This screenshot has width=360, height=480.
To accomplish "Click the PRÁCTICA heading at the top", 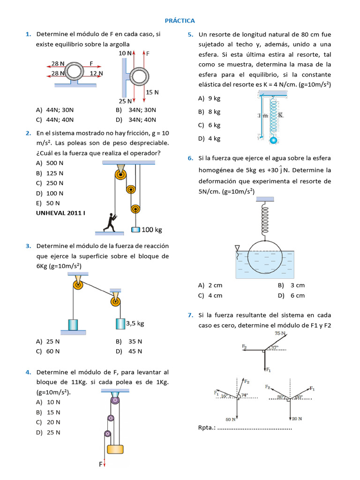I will pos(180,21).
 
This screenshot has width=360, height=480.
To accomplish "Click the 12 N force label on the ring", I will pos(96,73).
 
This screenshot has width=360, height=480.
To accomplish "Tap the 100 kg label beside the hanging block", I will pos(152,230).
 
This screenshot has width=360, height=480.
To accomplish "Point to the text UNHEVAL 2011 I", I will pos(61,213).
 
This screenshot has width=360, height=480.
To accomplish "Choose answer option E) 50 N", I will pos(48,203).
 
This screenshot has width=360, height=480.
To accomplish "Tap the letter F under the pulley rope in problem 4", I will pos(100,464).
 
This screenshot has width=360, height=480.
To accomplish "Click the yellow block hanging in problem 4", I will pos(115,449).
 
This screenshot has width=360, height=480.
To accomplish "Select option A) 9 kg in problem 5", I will pos(209,98).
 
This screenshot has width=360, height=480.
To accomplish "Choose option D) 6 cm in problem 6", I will pos(291,295).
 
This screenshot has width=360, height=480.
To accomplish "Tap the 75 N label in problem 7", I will pos(280,333).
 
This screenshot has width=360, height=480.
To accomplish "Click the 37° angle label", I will pos(275,347).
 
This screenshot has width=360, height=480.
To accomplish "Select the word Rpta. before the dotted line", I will pos(207,427).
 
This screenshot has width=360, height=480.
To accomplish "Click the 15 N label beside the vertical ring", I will pos(152,92).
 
